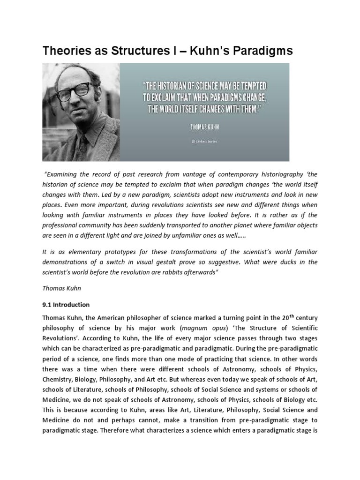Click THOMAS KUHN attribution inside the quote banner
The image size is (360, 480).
[204, 127]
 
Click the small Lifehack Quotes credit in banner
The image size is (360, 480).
[204, 140]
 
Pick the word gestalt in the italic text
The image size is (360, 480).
[189, 262]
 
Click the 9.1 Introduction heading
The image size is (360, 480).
[66, 305]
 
